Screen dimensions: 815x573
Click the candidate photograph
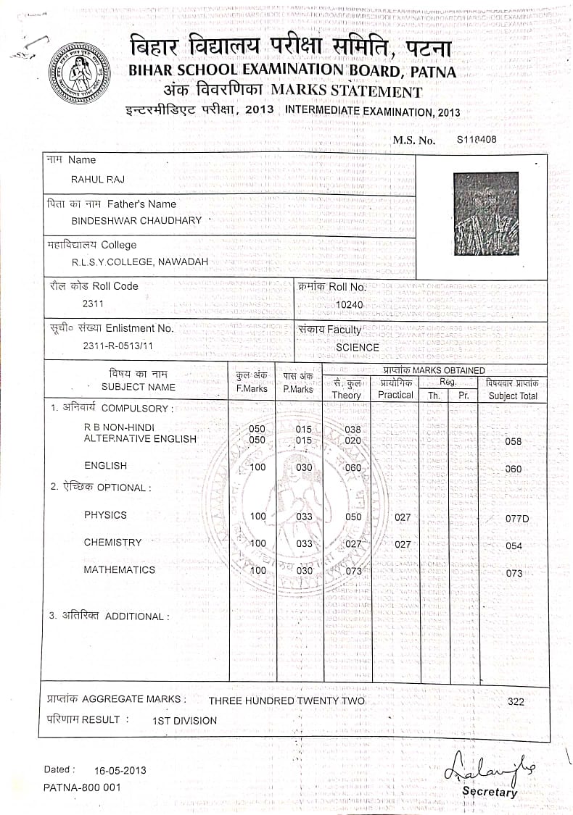point(485,214)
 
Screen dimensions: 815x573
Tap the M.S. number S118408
point(477,140)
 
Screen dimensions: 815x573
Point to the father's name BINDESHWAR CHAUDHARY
point(136,220)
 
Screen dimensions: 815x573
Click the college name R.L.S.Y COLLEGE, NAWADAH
point(139,262)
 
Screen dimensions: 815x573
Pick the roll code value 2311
point(94,304)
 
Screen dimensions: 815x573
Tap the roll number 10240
point(350,305)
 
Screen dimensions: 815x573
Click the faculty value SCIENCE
point(358,347)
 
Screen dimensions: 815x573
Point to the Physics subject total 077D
point(517,519)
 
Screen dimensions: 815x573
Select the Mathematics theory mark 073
point(353,572)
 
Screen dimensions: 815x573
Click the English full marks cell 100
point(257,467)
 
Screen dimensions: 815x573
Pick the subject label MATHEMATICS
point(119,569)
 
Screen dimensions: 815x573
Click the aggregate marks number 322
point(516,701)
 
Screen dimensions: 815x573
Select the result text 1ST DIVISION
point(184,721)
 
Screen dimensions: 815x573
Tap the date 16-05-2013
point(120,770)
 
